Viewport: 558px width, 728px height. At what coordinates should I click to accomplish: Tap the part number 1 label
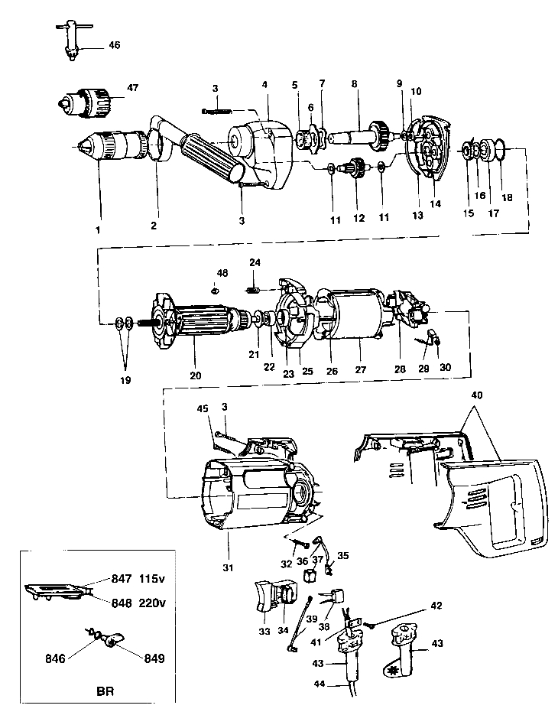[98, 229]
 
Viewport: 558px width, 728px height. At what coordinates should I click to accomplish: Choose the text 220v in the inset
[153, 603]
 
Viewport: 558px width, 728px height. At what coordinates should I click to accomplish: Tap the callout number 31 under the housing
[230, 547]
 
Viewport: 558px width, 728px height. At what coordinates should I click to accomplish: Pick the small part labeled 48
[216, 289]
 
